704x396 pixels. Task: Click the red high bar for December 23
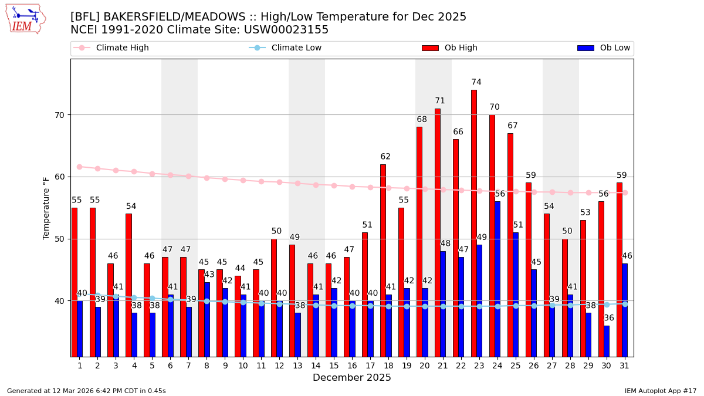[473, 223]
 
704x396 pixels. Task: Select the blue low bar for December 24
[497, 279]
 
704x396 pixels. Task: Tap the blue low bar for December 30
[607, 341]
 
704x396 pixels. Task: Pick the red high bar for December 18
[383, 260]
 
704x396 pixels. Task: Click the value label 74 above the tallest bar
[476, 83]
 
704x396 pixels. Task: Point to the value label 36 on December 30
[609, 318]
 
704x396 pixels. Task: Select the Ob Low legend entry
[604, 48]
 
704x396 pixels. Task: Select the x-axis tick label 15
[334, 365]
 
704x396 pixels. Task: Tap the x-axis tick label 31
[624, 365]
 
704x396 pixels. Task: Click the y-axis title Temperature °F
[47, 208]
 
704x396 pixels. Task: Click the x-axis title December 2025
[352, 378]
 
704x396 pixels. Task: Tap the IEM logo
[25, 19]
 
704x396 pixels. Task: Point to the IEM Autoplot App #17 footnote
[661, 391]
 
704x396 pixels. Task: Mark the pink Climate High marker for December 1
[80, 167]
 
